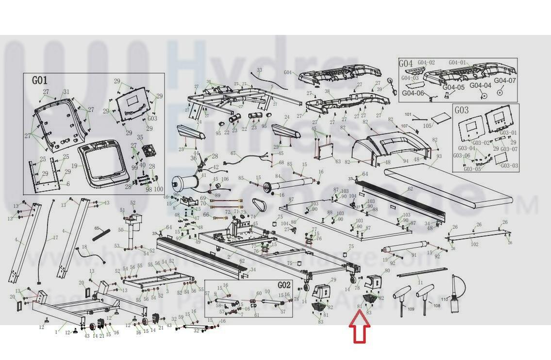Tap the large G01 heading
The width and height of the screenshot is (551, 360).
pyautogui.click(x=40, y=81)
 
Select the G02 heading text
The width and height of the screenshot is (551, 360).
pyautogui.click(x=284, y=285)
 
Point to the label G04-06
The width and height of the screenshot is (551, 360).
pyautogui.click(x=413, y=93)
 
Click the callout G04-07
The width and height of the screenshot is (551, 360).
pyautogui.click(x=505, y=81)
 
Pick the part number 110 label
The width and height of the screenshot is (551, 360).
pyautogui.click(x=444, y=299)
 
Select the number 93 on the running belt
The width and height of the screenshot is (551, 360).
pyautogui.click(x=439, y=156)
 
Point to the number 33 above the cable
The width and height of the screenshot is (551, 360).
pyautogui.click(x=259, y=70)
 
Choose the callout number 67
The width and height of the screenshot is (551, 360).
pyautogui.click(x=233, y=154)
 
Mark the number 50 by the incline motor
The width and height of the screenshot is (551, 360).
pyautogui.click(x=120, y=230)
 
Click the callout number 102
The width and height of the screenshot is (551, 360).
pyautogui.click(x=475, y=245)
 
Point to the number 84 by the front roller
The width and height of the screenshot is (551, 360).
pyautogui.click(x=278, y=176)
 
